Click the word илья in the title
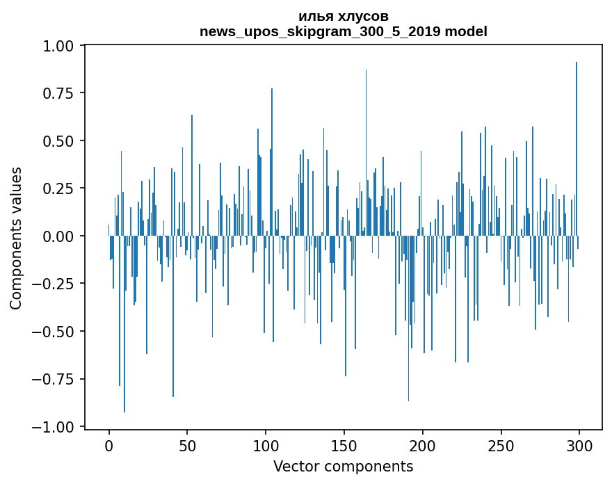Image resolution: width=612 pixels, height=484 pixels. tap(314, 16)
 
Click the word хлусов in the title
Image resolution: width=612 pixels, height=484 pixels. tap(360, 16)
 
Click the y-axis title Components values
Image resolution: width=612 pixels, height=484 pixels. tap(16, 238)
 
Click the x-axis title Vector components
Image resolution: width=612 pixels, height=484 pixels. tap(343, 467)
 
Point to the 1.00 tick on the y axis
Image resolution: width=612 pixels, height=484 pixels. tap(61, 46)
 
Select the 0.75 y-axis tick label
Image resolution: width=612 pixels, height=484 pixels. tap(61, 93)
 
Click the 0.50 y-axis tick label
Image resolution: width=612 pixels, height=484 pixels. tap(61, 141)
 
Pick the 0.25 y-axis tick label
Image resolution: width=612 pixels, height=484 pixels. tap(61, 188)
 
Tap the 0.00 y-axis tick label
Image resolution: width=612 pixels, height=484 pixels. tap(61, 236)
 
